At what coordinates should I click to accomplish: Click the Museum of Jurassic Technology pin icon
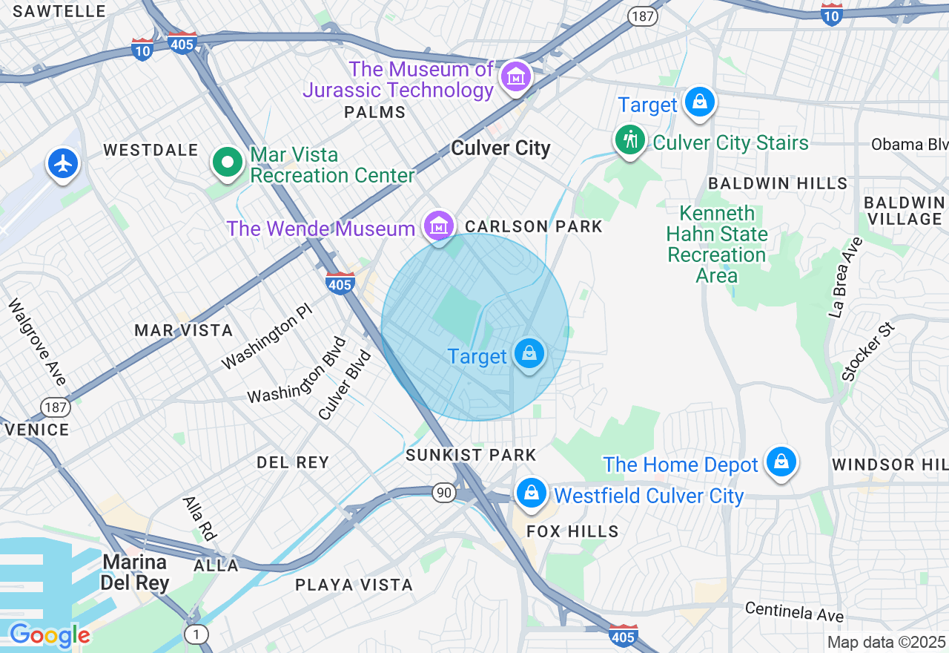[x=515, y=77]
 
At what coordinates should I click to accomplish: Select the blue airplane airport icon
[x=63, y=163]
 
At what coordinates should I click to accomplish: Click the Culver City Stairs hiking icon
[x=629, y=140]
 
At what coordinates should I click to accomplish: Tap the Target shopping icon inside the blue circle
[x=529, y=354]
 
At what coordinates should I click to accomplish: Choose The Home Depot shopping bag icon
[x=781, y=462]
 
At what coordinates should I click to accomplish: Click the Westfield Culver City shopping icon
[x=531, y=493]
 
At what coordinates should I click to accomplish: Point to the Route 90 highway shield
[x=444, y=493]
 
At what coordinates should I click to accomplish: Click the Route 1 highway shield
[x=196, y=634]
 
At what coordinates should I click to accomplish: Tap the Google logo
[x=50, y=636]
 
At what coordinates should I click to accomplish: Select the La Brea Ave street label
[x=847, y=278]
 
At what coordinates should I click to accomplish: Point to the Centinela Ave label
[x=794, y=611]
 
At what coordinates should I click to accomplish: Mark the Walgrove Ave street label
[x=37, y=341]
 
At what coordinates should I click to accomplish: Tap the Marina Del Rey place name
[x=135, y=571]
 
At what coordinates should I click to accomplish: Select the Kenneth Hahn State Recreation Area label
[x=716, y=244]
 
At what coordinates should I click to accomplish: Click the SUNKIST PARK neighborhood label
[x=471, y=455]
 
